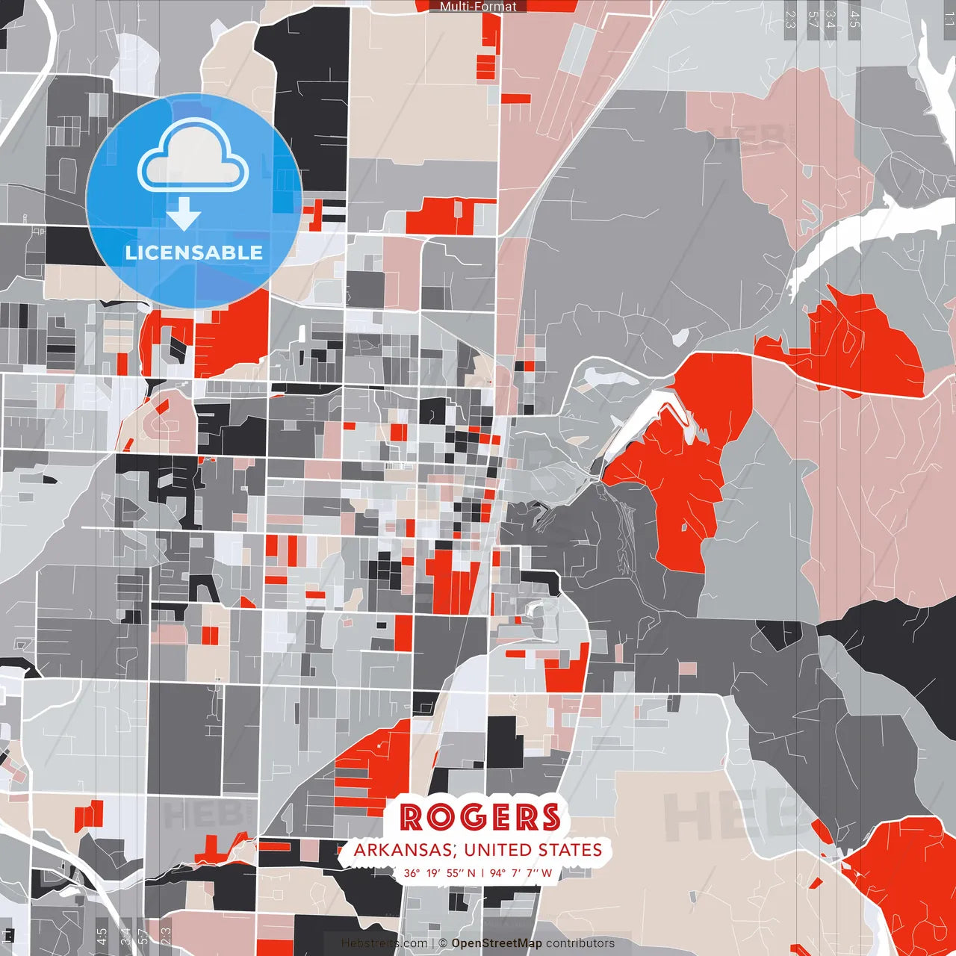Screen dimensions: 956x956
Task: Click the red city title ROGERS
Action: [x=479, y=817]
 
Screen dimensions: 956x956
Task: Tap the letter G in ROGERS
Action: [x=480, y=817]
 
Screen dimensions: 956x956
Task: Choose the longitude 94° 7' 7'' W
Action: [x=521, y=872]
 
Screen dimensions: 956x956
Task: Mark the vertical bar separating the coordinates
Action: [x=482, y=872]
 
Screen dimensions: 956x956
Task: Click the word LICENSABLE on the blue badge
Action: [x=194, y=252]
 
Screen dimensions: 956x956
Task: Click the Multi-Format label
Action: [x=478, y=7]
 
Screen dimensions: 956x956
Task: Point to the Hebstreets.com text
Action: [x=385, y=943]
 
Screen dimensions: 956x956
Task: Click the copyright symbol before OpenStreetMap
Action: [x=443, y=943]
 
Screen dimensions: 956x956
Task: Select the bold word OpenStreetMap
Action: [x=497, y=943]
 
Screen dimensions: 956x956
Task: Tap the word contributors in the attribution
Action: [x=580, y=943]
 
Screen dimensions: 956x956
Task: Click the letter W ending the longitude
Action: [x=547, y=872]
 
